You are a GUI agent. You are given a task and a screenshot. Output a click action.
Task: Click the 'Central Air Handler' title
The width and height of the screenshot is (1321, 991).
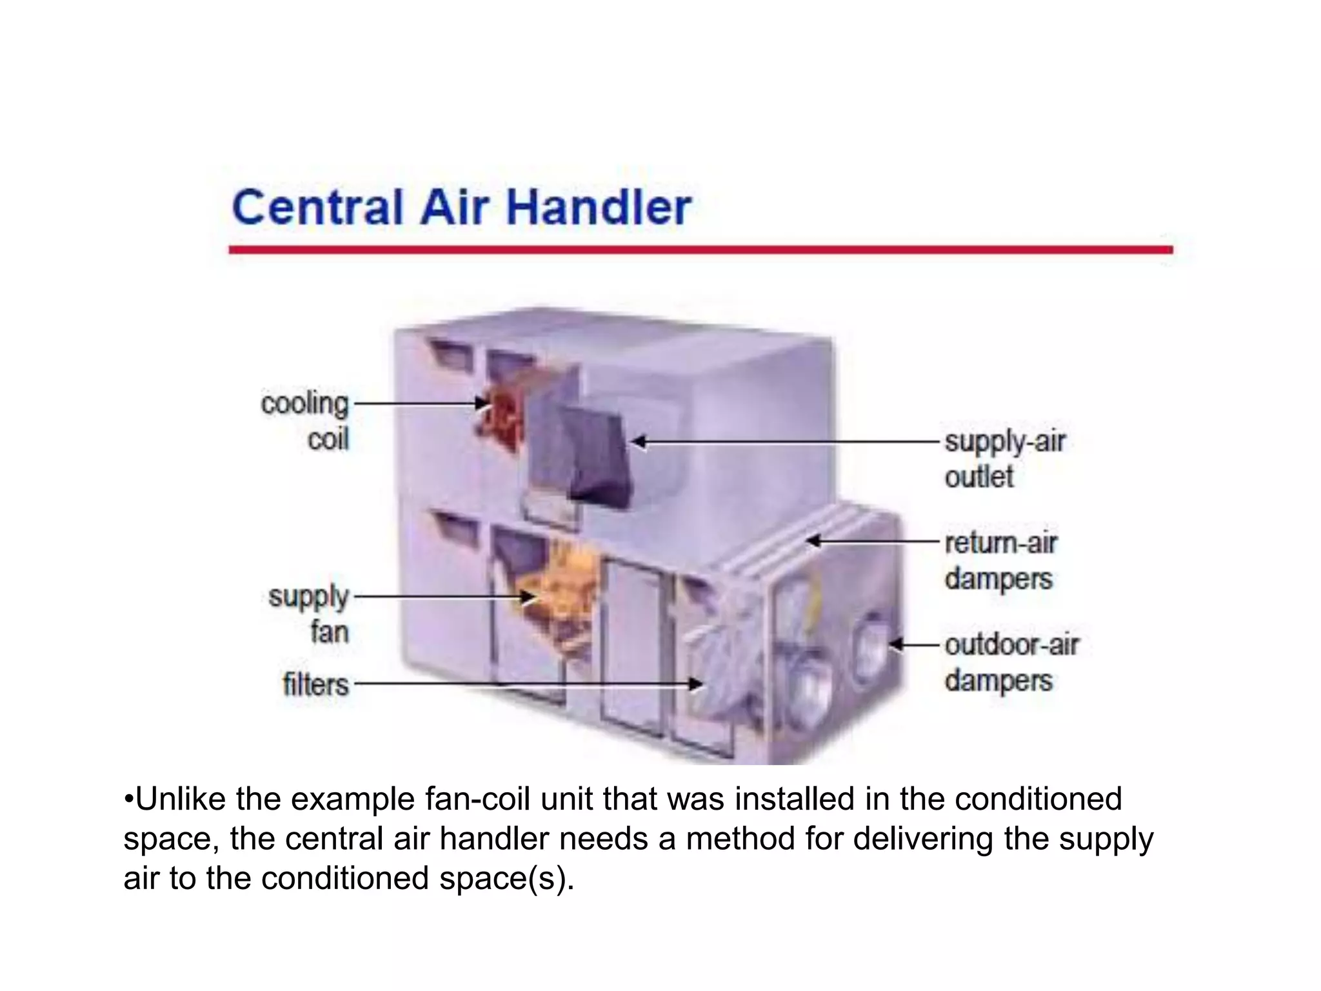tap(461, 208)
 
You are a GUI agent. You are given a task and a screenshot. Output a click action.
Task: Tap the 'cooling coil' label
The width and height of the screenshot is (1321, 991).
tap(305, 421)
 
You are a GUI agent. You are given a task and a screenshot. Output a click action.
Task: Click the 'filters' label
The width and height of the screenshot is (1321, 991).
tap(315, 684)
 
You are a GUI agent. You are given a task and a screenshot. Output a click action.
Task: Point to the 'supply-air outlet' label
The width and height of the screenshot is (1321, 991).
tap(1004, 459)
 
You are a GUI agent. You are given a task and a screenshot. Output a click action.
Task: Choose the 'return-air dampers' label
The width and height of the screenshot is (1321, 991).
tap(1000, 561)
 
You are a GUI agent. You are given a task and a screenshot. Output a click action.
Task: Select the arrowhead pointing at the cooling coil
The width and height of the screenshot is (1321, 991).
tap(482, 404)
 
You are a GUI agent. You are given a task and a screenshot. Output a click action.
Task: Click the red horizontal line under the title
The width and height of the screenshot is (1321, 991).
tap(700, 250)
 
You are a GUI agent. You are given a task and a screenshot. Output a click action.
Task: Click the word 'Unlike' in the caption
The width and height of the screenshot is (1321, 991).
tap(174, 799)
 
